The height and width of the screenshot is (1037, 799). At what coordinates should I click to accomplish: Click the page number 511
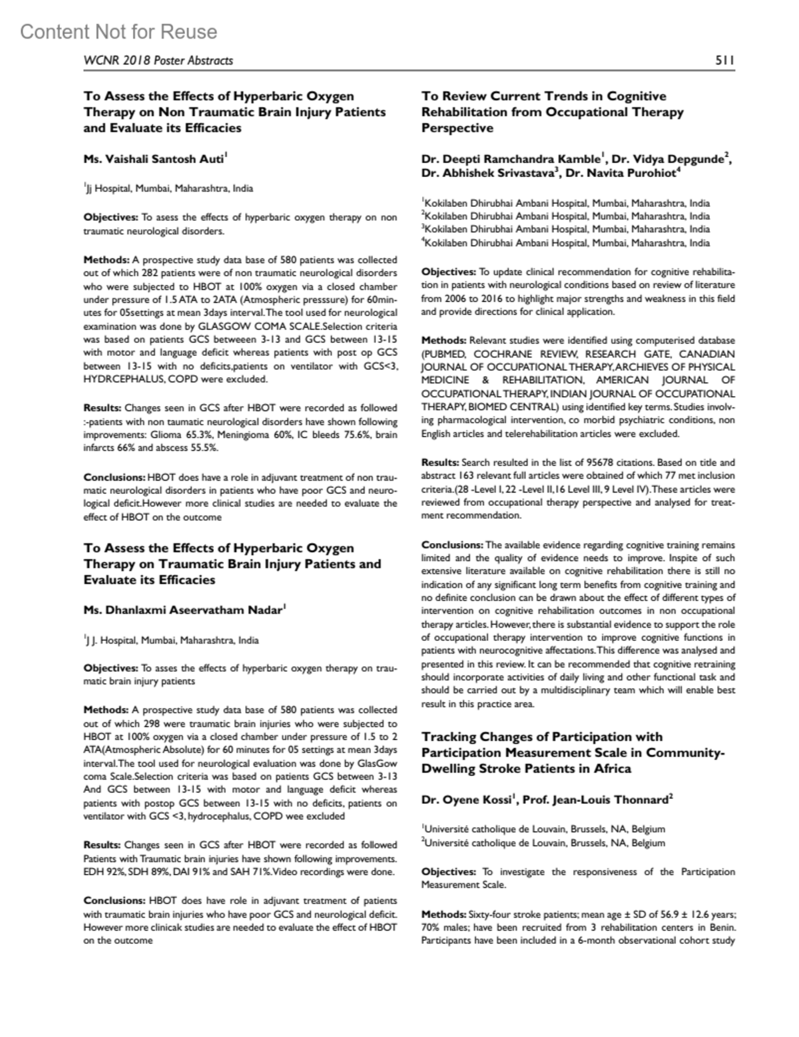pyautogui.click(x=724, y=61)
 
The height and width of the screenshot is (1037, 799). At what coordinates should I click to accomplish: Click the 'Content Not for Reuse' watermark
pyautogui.click(x=119, y=32)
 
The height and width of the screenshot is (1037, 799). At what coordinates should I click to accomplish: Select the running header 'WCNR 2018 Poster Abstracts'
pyautogui.click(x=158, y=61)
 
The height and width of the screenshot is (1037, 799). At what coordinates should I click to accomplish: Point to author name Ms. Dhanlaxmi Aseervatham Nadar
pyautogui.click(x=184, y=610)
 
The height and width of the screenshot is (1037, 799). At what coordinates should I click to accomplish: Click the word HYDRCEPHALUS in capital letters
pyautogui.click(x=125, y=379)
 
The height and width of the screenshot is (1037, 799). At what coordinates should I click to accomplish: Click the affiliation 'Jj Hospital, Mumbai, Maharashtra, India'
pyautogui.click(x=170, y=188)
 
